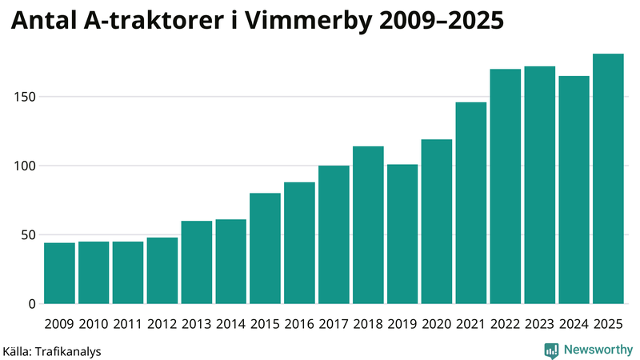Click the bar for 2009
(x=59, y=273)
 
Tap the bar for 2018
(x=368, y=225)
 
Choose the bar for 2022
(x=506, y=186)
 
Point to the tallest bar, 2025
(x=608, y=178)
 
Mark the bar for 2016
(x=299, y=243)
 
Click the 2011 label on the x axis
(x=128, y=324)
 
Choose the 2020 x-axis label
(x=437, y=324)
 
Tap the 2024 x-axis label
(x=574, y=324)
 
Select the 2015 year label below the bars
(x=265, y=324)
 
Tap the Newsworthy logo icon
(x=551, y=350)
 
